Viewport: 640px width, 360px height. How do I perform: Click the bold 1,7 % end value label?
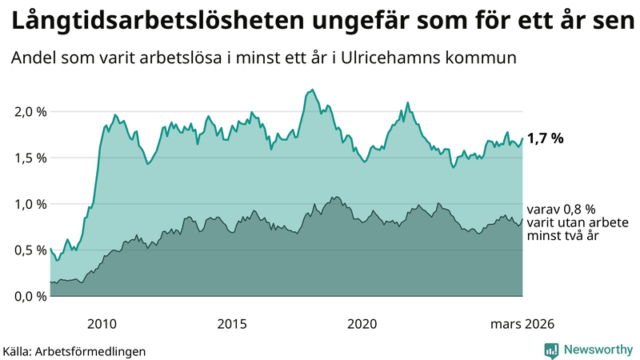[546, 138]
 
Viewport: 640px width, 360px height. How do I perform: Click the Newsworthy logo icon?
[551, 350]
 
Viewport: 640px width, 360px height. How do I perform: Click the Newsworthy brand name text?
[597, 350]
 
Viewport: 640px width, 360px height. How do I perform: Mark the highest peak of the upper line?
[312, 90]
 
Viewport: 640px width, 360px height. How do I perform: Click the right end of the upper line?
[522, 138]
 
